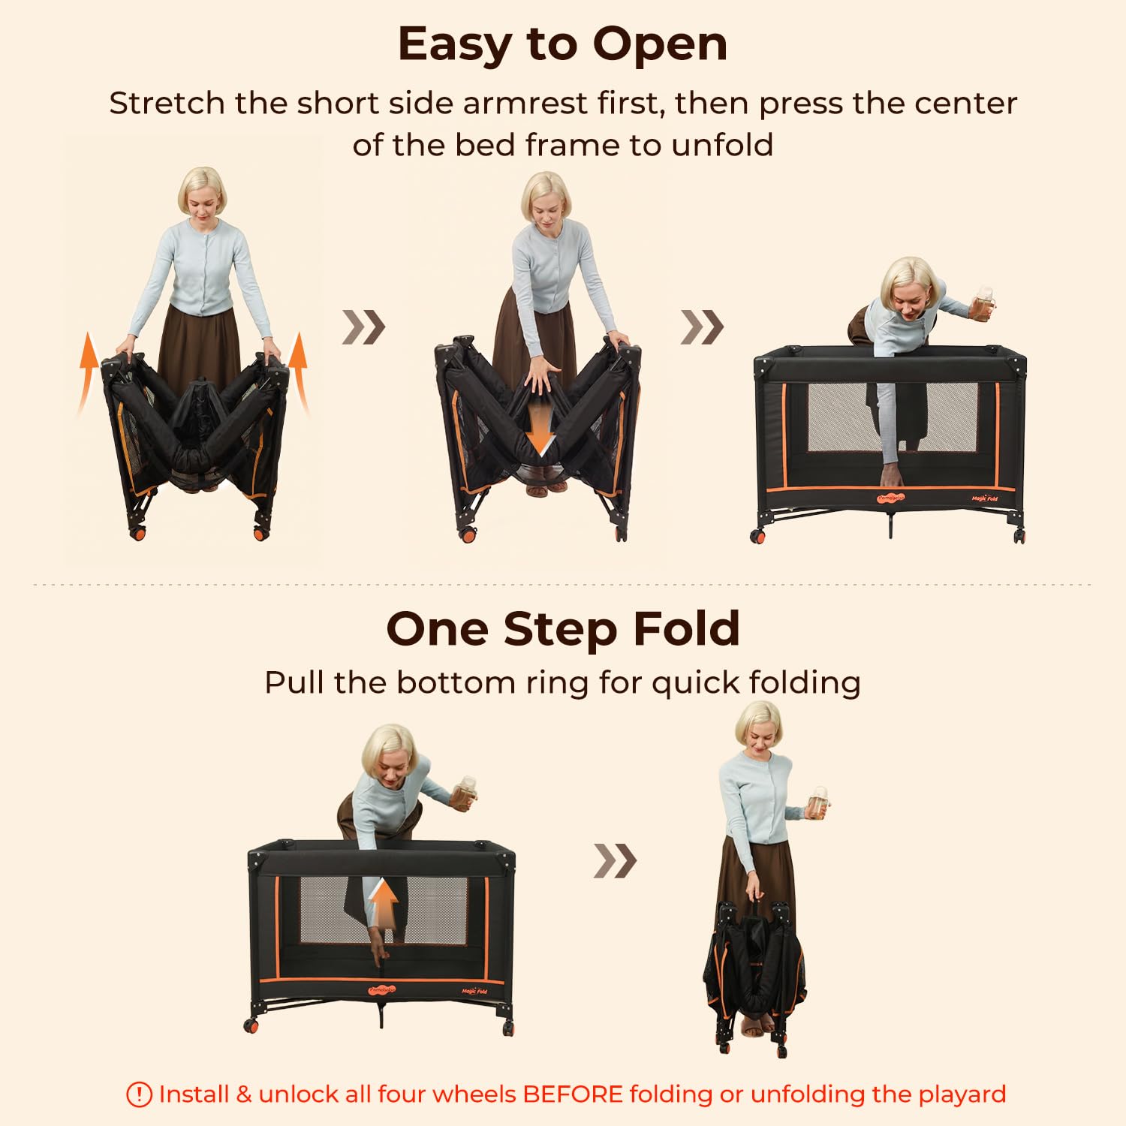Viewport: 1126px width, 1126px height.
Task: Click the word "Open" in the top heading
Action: point(660,45)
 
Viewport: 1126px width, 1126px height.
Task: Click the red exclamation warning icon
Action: point(139,1094)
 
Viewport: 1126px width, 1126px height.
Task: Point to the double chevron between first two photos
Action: point(364,327)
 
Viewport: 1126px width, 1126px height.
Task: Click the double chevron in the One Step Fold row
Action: point(615,860)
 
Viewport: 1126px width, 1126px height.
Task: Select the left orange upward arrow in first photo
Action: point(88,372)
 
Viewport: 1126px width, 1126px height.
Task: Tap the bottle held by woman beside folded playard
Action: point(819,802)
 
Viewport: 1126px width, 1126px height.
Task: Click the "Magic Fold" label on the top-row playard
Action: point(984,498)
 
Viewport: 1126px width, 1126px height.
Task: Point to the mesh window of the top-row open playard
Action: point(893,417)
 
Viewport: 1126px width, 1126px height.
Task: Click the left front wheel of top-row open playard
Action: point(758,536)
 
